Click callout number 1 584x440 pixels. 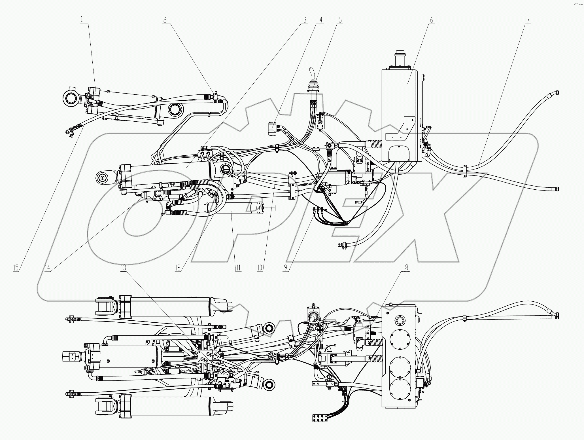tap(82, 20)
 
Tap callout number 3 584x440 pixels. tap(305, 20)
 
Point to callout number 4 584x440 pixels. tap(321, 20)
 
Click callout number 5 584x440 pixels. tap(340, 20)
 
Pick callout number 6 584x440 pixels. tap(432, 20)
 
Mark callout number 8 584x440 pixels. tap(407, 267)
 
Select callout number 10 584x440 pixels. tap(260, 267)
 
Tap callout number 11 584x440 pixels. tap(238, 267)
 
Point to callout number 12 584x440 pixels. tap(178, 267)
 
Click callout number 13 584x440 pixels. tap(123, 267)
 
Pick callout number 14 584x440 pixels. tap(47, 267)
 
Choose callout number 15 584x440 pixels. tap(16, 267)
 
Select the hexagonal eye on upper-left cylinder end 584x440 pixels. tap(70, 99)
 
